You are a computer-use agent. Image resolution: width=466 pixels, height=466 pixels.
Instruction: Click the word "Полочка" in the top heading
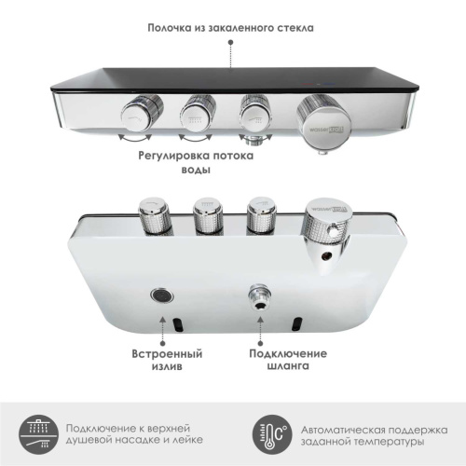click(171, 28)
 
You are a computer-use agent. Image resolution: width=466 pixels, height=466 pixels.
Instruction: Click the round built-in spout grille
click(160, 297)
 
